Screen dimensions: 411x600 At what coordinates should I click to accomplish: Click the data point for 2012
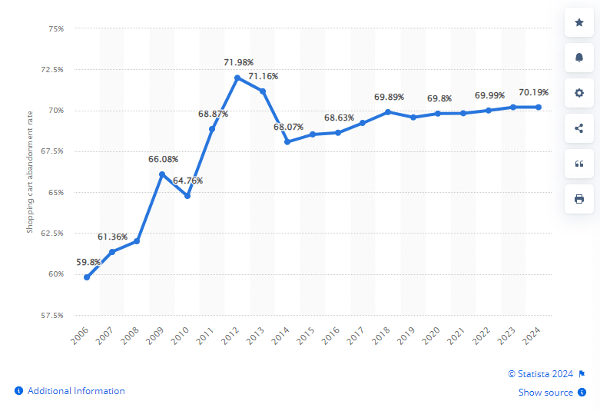pyautogui.click(x=237, y=78)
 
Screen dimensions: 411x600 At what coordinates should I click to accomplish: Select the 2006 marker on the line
pyautogui.click(x=87, y=277)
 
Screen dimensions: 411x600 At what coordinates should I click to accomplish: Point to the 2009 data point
pyautogui.click(x=162, y=174)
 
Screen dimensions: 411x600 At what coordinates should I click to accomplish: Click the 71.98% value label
pyautogui.click(x=238, y=62)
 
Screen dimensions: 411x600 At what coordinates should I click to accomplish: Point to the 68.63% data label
pyautogui.click(x=339, y=118)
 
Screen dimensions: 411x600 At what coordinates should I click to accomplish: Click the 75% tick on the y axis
pyautogui.click(x=56, y=28)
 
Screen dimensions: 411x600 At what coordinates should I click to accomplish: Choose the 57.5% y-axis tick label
pyautogui.click(x=52, y=315)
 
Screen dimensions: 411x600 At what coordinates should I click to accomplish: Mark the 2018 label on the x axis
pyautogui.click(x=383, y=336)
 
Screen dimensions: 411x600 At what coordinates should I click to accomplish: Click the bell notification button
pyautogui.click(x=579, y=58)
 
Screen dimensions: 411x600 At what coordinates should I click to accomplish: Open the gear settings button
pyautogui.click(x=579, y=93)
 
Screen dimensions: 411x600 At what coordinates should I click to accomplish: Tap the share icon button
pyautogui.click(x=579, y=128)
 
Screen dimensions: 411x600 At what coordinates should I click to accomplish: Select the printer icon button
pyautogui.click(x=579, y=199)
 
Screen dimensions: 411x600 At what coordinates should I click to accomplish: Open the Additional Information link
pyautogui.click(x=76, y=391)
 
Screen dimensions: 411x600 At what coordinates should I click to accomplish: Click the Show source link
pyautogui.click(x=545, y=393)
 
